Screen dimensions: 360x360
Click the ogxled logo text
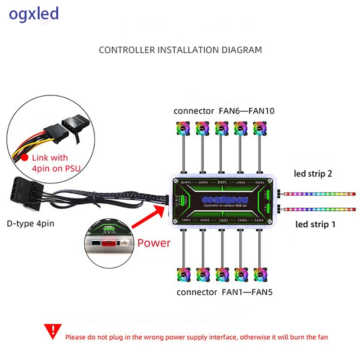point(34,14)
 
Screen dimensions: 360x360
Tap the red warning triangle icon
point(54,332)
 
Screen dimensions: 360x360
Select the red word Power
point(154,243)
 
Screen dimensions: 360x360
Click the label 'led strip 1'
point(315,224)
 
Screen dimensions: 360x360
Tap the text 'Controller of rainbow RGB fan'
point(222,205)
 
